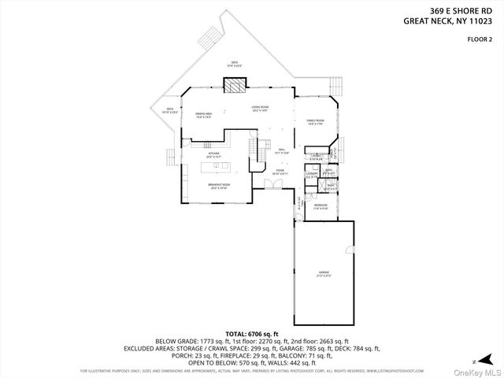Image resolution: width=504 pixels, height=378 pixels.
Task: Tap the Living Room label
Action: (260, 108)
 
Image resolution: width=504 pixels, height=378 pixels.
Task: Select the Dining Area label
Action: (204, 115)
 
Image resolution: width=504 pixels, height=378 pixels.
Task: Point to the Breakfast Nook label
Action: (219, 187)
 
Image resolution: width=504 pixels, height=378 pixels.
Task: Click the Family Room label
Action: (316, 121)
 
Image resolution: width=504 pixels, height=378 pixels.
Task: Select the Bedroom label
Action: (321, 208)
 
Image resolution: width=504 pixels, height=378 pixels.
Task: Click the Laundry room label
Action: (312, 175)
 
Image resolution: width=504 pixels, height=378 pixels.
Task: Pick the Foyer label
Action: (280, 171)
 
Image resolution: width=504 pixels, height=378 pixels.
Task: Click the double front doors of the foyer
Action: (272, 184)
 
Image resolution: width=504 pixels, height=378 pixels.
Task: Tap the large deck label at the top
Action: (234, 64)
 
